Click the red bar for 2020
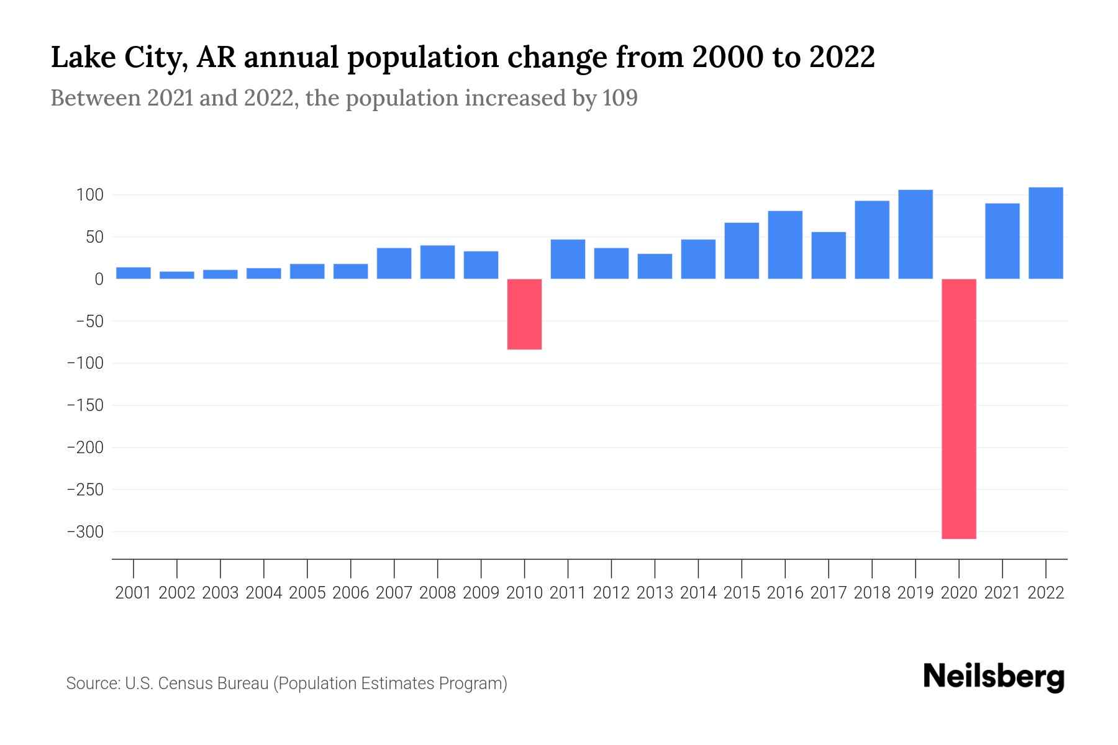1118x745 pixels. click(958, 409)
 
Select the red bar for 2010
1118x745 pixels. click(524, 314)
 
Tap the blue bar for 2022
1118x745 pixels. click(1045, 233)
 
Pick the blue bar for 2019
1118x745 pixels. click(915, 234)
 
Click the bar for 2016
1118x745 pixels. click(785, 245)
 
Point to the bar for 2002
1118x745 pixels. click(177, 275)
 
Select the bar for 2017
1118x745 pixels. click(829, 255)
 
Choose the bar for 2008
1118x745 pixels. click(437, 262)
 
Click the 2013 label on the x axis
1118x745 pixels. click(655, 593)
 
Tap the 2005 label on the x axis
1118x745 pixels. click(307, 593)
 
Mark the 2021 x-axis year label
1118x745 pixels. click(1002, 593)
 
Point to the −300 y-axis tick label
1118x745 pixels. click(85, 532)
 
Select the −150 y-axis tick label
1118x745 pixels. click(85, 405)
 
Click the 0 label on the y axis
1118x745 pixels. click(98, 279)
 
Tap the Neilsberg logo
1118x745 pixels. click(993, 677)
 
